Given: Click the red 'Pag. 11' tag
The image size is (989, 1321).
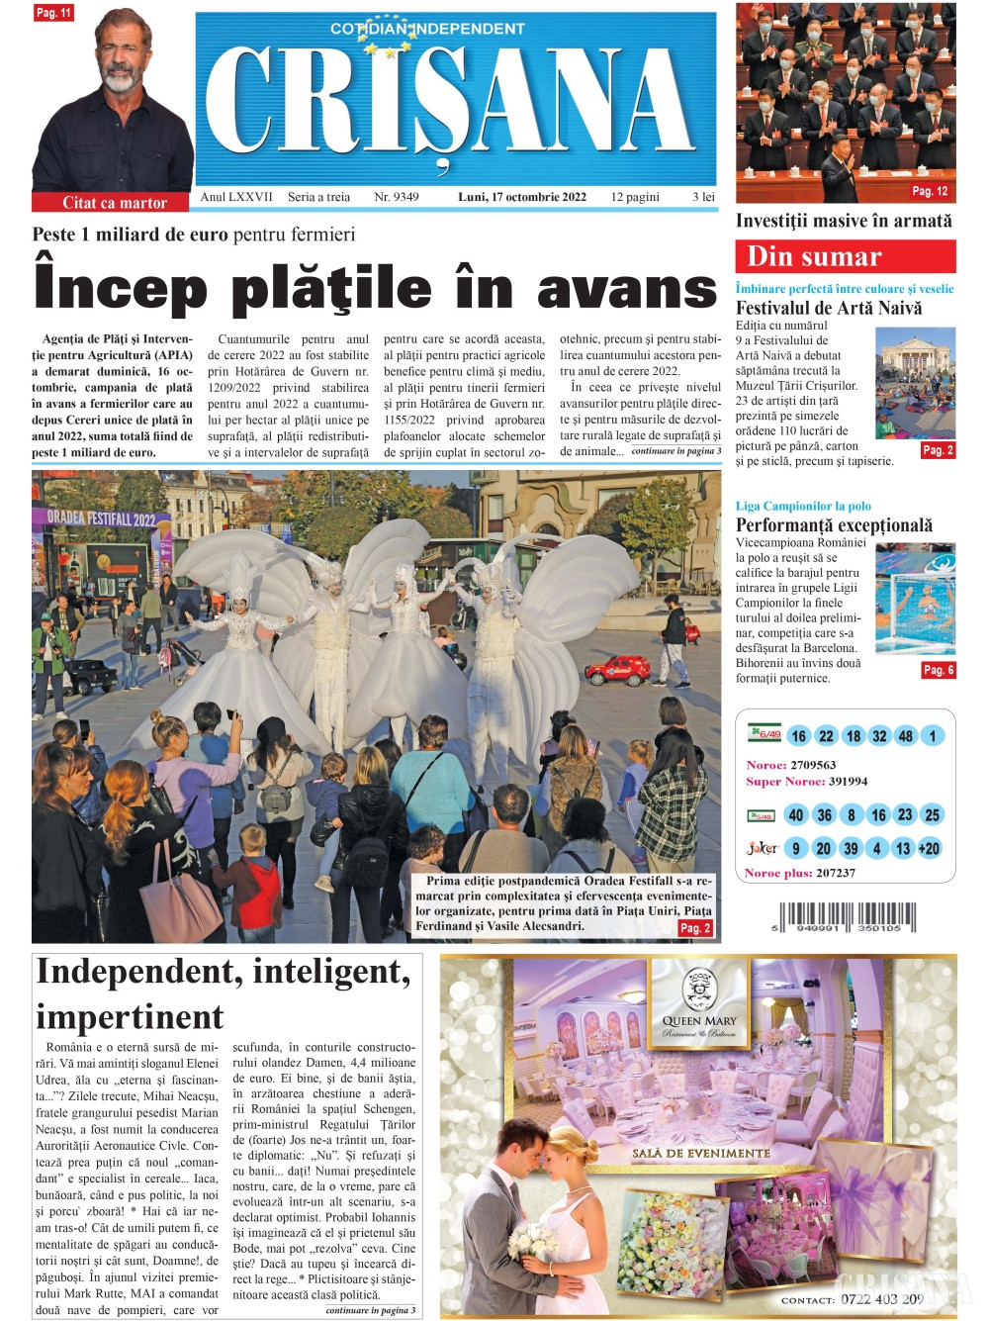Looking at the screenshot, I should coord(53,13).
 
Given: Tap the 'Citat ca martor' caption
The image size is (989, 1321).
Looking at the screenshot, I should coord(114,203).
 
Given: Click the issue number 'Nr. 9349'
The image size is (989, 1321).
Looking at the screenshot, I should coord(396,197).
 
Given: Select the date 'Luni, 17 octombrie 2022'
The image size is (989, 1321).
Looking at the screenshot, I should coord(521,197).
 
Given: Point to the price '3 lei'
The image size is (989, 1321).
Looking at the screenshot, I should coord(703,197).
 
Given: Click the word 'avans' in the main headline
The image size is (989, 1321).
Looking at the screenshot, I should coord(626,288).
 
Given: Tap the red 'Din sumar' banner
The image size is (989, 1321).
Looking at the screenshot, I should coord(845,256).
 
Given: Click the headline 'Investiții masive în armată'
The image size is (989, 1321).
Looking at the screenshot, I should coord(844,221).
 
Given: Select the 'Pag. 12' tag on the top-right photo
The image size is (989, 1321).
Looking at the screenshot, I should coord(930,191).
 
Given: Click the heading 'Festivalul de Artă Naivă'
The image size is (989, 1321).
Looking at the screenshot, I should coord(829,308).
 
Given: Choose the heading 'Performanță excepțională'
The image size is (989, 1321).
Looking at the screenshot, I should coord(834,525).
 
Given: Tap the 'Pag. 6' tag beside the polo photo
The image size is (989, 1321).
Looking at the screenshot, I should coord(938,670).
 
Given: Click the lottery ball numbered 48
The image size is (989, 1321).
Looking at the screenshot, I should coord(905,736).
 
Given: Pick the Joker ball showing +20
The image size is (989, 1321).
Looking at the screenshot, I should coord(929,848).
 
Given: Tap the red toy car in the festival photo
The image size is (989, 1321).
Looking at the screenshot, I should coord(617,671).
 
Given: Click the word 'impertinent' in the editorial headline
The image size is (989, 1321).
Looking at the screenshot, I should coord(131,1016).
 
